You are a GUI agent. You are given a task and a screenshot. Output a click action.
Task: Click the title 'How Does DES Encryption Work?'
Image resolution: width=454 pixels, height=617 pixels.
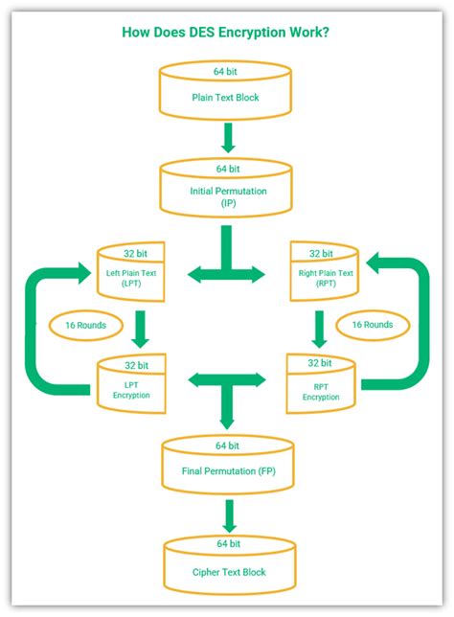coord(227,33)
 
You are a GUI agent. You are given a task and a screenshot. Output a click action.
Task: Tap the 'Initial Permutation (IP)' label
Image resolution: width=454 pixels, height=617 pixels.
coord(227,197)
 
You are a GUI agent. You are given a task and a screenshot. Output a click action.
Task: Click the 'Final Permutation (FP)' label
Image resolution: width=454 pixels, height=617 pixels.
coord(227,471)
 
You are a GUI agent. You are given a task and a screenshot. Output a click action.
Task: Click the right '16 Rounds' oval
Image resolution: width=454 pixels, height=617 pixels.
coord(373,325)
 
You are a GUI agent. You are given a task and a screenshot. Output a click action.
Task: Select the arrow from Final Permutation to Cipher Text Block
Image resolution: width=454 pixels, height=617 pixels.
coord(227,515)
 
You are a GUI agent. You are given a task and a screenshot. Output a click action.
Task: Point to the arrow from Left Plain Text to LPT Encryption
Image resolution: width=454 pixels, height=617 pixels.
coord(141,328)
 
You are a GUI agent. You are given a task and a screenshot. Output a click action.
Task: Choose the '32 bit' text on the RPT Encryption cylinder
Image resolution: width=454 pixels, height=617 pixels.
coord(321,364)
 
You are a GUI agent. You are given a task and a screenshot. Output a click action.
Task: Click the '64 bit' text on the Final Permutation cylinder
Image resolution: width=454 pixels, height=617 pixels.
coord(227,446)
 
